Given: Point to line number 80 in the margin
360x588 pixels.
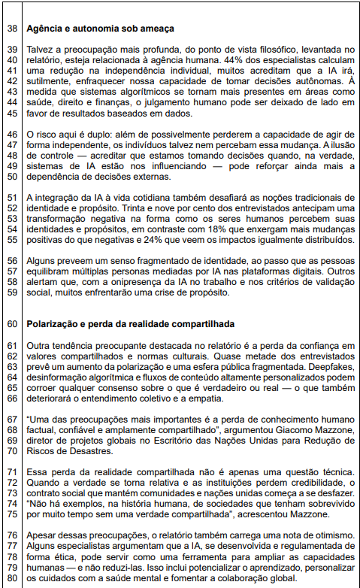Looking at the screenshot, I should [11, 580].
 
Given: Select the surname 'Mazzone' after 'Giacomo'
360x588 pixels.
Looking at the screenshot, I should [330, 431].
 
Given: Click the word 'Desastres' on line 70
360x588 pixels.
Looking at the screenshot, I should [77, 452].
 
